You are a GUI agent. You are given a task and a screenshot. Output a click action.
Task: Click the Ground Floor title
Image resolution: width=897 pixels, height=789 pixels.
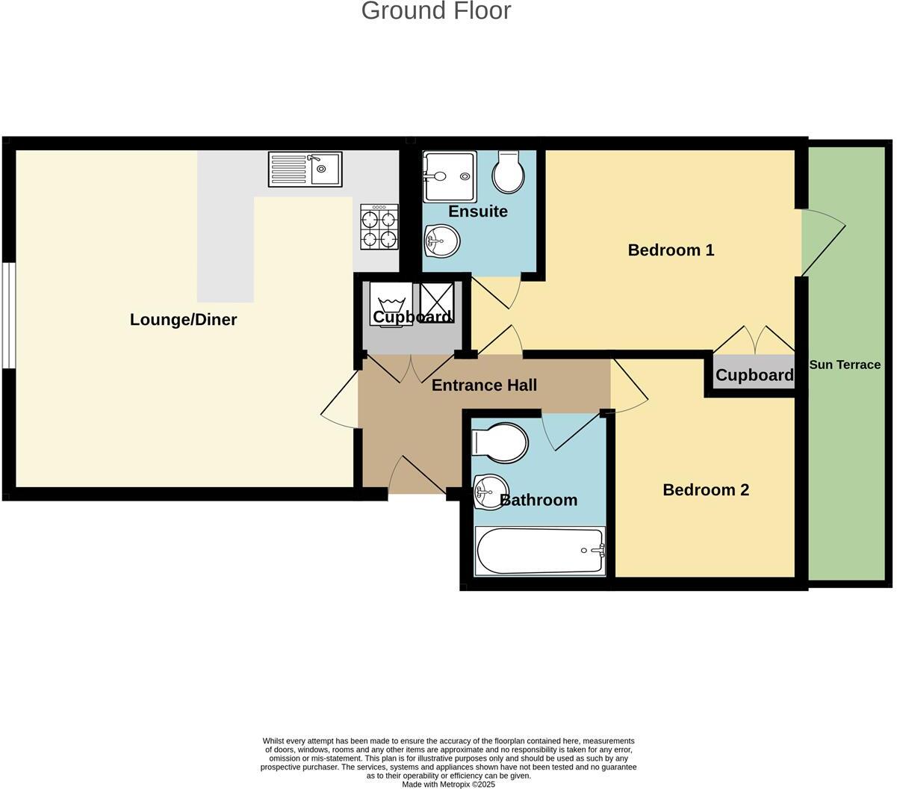click(436, 11)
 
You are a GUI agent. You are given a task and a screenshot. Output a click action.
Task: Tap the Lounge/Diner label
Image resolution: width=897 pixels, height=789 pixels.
click(183, 320)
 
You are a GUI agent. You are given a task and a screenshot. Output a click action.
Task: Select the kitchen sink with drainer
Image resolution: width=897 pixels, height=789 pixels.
click(305, 169)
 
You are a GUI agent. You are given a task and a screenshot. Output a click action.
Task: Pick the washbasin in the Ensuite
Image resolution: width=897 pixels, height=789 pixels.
click(441, 241)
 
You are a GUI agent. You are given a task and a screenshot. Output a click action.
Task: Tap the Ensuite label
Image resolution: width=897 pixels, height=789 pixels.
click(478, 211)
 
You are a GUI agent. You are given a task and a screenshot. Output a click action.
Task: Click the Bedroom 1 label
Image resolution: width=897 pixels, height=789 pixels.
click(671, 250)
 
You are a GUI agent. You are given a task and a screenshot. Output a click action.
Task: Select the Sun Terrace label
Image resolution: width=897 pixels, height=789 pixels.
click(845, 365)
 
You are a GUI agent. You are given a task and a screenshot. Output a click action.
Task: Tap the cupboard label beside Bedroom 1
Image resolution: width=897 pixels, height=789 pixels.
click(754, 375)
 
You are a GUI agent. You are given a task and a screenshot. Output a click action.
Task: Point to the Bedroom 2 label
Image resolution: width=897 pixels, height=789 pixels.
click(705, 490)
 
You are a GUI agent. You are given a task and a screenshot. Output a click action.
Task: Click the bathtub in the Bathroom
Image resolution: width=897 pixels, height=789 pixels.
click(540, 551)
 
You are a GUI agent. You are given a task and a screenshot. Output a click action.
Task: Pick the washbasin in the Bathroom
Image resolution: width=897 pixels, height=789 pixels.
click(489, 492)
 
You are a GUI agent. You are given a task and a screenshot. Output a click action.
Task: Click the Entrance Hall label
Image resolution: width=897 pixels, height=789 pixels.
click(484, 386)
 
